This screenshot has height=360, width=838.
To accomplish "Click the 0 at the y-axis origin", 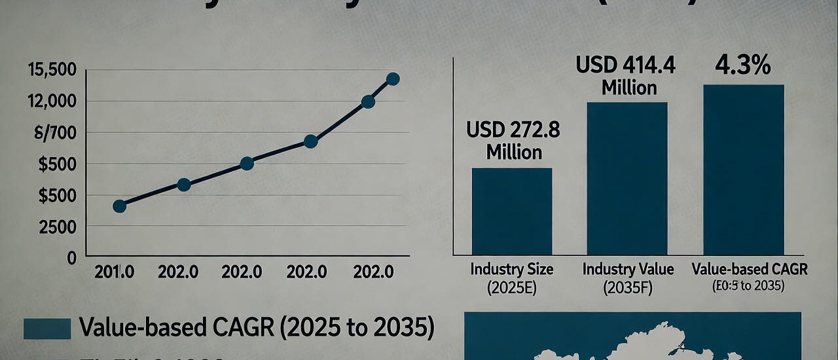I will click(71, 258).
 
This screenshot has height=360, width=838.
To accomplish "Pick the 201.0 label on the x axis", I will click(115, 272).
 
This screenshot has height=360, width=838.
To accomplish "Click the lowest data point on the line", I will click(119, 206).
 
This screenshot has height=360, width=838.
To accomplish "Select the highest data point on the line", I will click(393, 79).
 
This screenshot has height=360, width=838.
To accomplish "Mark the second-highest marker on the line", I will click(368, 101).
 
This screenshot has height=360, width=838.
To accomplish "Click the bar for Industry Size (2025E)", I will click(512, 211).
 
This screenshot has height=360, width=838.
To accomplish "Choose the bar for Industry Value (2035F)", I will click(627, 179).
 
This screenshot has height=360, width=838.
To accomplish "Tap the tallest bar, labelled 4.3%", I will click(744, 170).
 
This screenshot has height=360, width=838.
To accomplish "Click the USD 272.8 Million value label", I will click(513, 141).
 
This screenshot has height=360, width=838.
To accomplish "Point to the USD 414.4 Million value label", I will click(625, 76).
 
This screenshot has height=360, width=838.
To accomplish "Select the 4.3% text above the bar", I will click(743, 66).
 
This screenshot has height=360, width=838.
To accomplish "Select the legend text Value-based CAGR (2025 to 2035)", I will click(256, 328).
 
